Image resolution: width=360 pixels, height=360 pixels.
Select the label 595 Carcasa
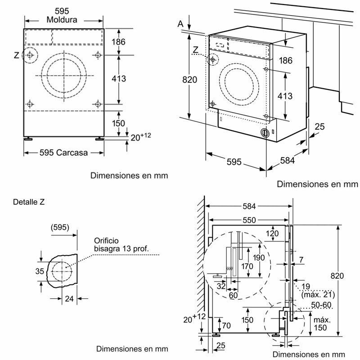(64, 152)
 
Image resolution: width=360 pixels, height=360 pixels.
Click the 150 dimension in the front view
(118, 123)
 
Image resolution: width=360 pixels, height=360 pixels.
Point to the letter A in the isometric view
(180, 23)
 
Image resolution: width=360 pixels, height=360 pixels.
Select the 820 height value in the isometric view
(190, 80)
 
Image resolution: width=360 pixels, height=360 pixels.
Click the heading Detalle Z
(29, 202)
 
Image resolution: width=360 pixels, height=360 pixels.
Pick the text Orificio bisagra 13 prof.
(121, 244)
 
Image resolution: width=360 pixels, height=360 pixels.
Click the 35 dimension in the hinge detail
(40, 271)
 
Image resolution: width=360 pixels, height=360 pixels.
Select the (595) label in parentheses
(60, 227)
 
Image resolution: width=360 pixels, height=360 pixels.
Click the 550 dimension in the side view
(247, 220)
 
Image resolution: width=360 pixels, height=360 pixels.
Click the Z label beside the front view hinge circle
(16, 55)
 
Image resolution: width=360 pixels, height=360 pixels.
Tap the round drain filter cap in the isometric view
(265, 133)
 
